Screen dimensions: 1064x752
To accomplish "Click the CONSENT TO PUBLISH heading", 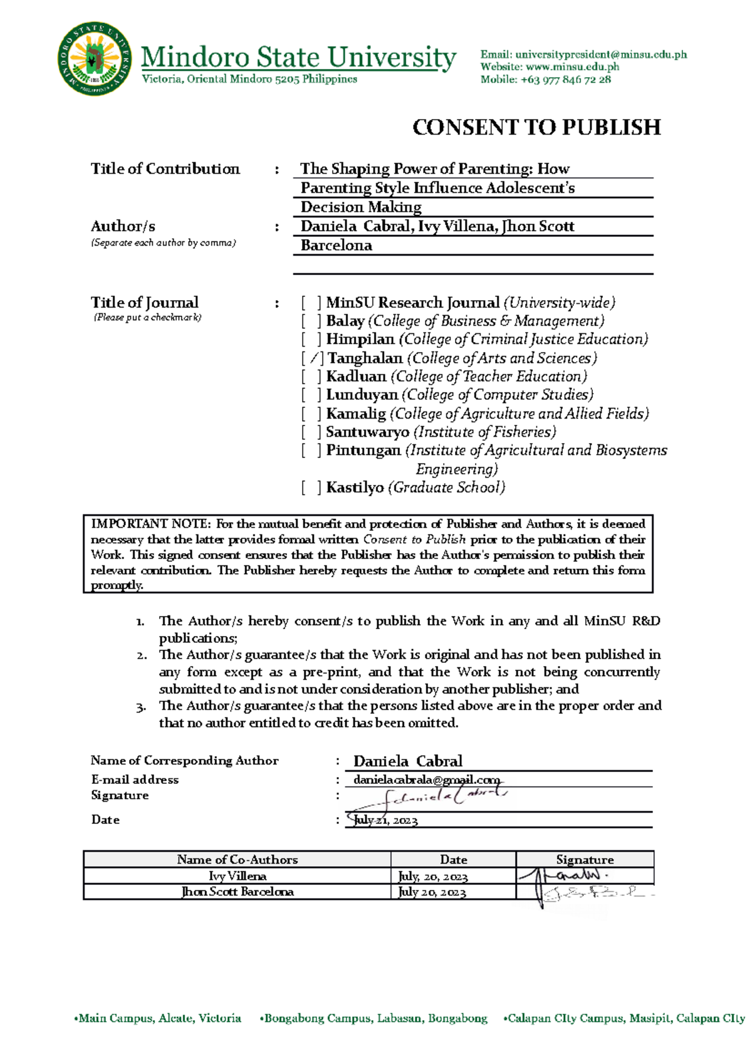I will coord(536,127).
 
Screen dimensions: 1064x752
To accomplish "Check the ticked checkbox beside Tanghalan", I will coord(312,358).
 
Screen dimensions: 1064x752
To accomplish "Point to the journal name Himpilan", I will coord(360,340).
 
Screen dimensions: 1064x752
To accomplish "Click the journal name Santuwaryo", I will coord(367,432).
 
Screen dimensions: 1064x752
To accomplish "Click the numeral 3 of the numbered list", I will coord(140,707).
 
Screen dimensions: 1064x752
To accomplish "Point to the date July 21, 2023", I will coord(385,820).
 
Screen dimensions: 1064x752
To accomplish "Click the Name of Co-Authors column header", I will coord(237,860).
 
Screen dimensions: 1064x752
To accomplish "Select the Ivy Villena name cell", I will coord(237,876).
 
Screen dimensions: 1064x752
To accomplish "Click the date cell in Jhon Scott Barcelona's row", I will coord(432,892).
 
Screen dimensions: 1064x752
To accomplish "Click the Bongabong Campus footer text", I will coord(375,1018).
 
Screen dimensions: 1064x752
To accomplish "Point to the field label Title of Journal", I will coord(144,303).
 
